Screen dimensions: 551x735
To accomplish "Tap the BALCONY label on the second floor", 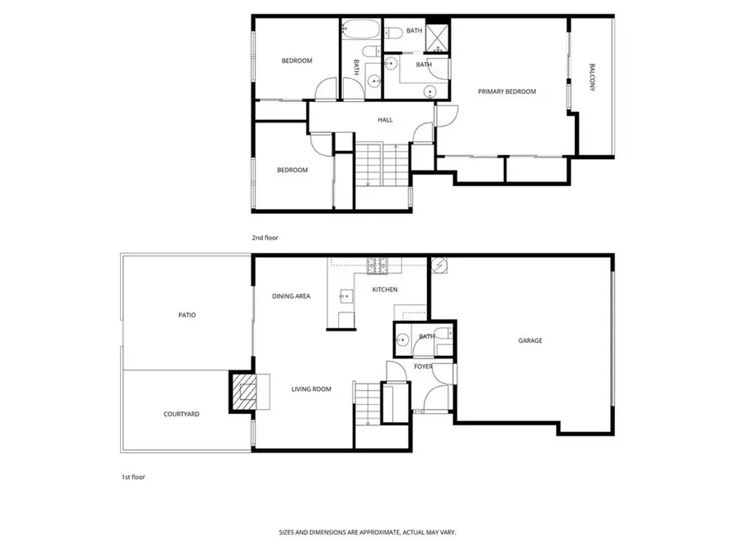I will [x=592, y=77].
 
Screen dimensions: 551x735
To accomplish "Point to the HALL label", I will [x=385, y=120].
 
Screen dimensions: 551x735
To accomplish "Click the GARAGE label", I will [x=530, y=340].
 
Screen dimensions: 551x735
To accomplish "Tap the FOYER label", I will [x=423, y=367].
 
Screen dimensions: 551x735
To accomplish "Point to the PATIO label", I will [x=187, y=314].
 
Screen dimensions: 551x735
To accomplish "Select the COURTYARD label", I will [x=181, y=414].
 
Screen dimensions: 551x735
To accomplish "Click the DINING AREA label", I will [x=291, y=296].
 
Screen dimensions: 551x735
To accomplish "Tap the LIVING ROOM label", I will [x=311, y=389].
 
